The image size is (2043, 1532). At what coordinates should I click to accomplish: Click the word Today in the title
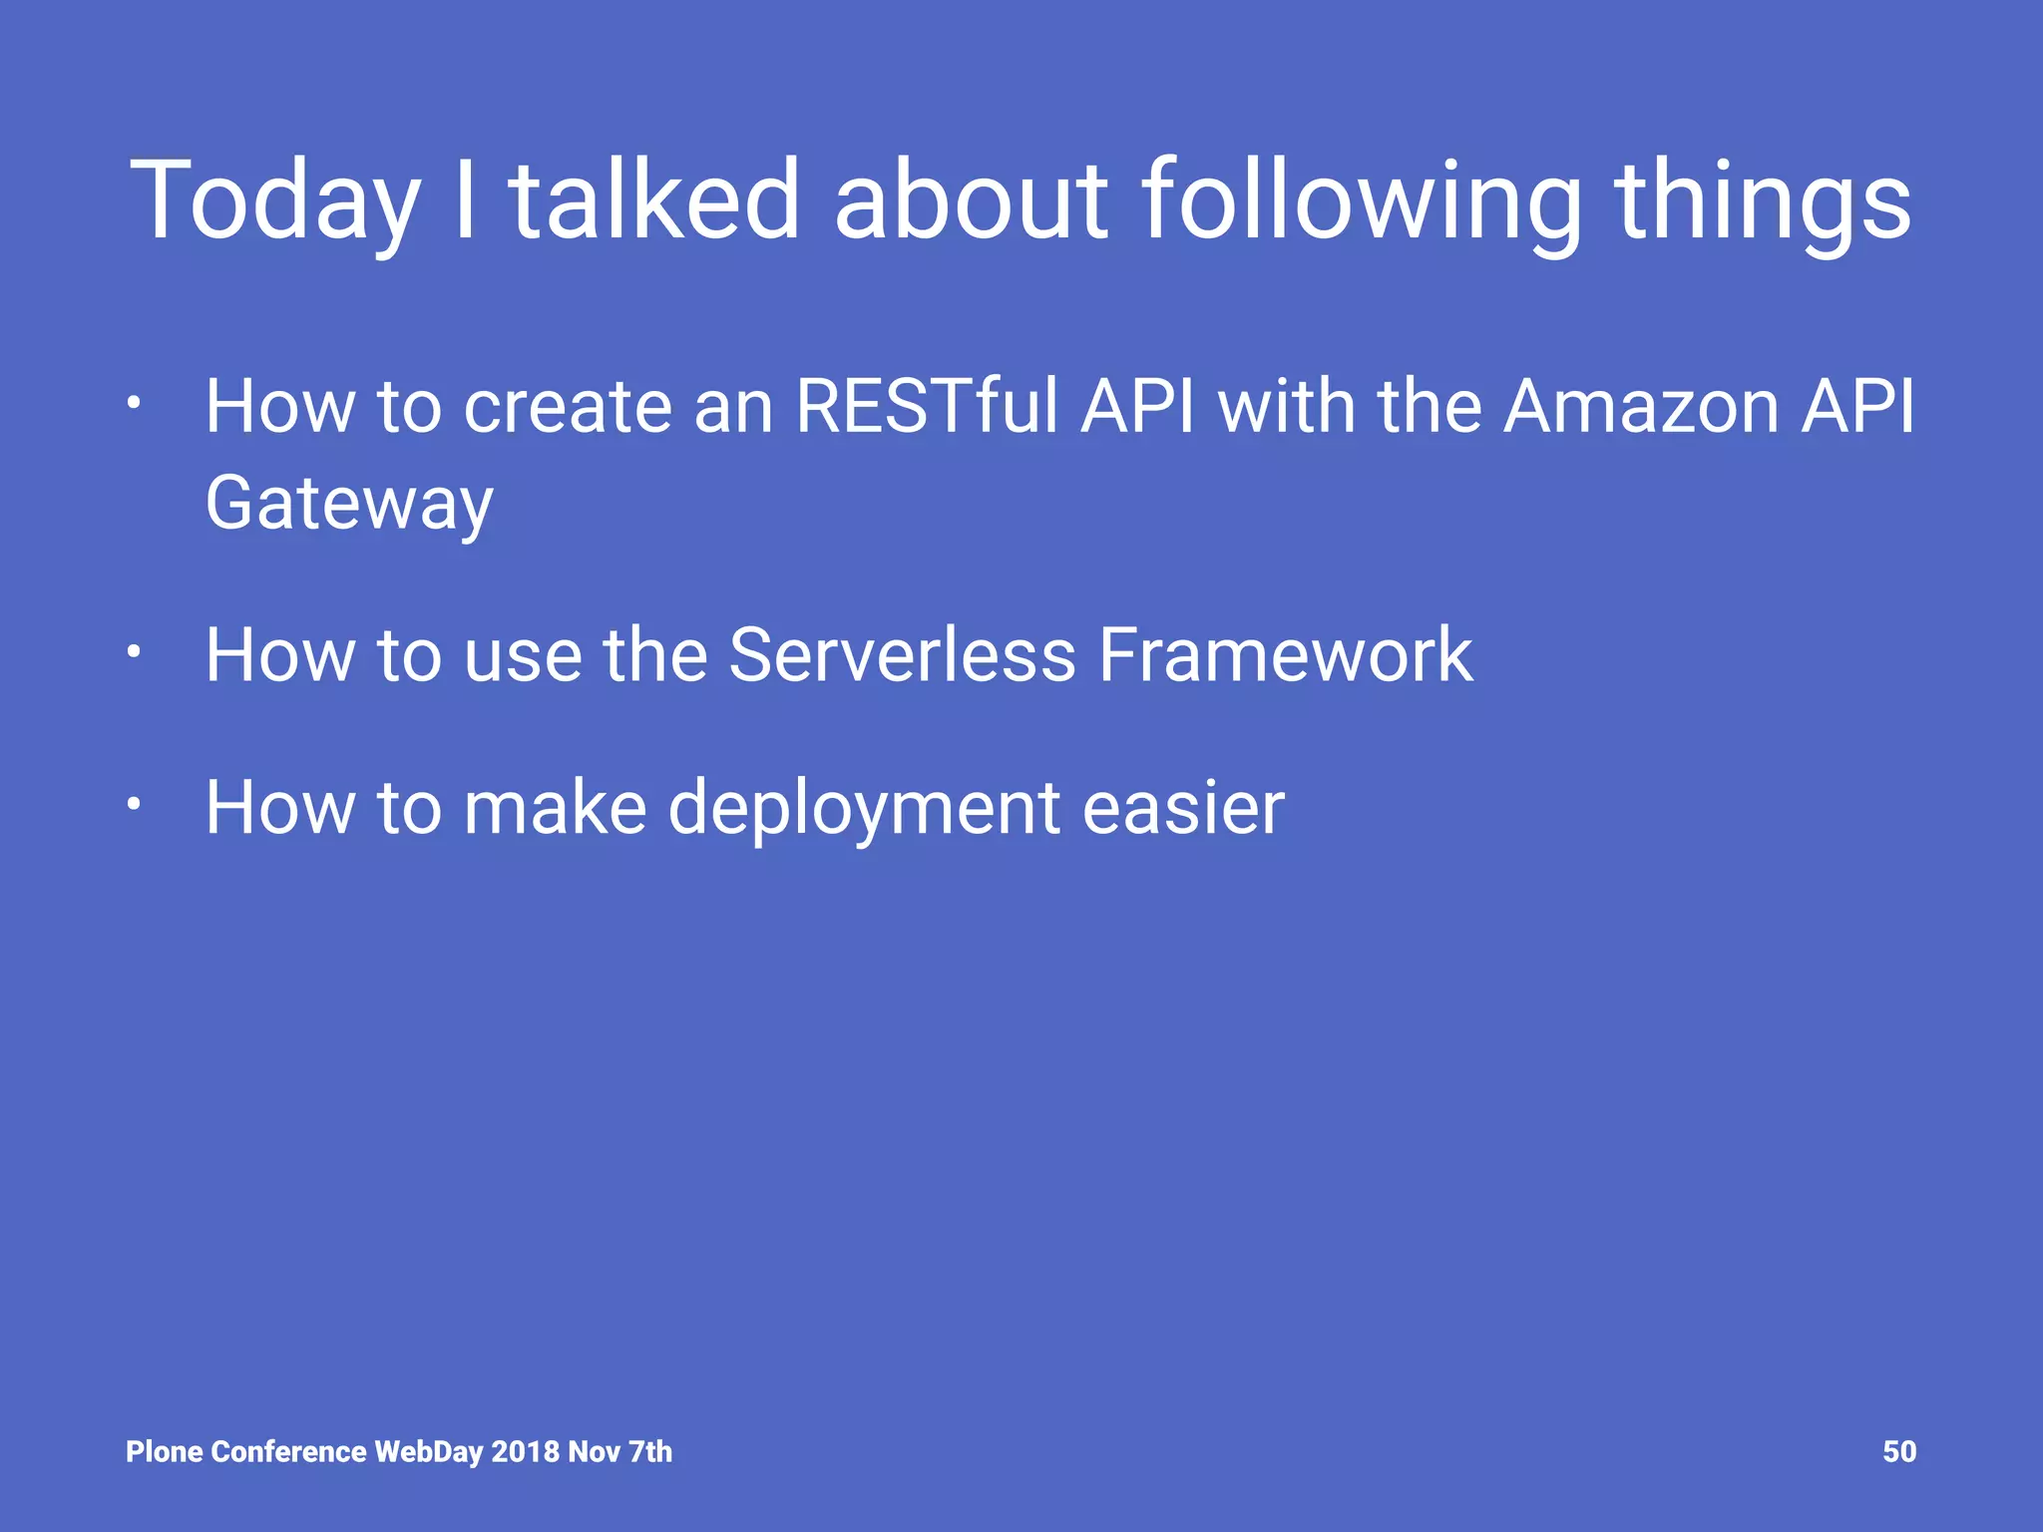click(274, 202)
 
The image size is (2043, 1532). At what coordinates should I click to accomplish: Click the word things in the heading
click(1763, 202)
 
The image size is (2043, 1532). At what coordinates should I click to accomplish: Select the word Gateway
click(349, 505)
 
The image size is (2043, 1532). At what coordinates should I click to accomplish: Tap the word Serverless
click(902, 655)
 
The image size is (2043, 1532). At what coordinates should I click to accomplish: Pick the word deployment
click(864, 808)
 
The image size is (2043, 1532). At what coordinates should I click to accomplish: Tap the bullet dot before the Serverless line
click(133, 652)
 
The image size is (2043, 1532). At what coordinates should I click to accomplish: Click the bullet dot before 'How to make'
click(133, 804)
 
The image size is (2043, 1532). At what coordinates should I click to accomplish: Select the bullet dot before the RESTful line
click(133, 404)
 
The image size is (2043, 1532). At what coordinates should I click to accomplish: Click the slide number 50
click(1898, 1451)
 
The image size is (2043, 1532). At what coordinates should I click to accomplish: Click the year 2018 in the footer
click(525, 1451)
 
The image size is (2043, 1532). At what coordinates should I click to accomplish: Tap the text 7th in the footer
click(650, 1451)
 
